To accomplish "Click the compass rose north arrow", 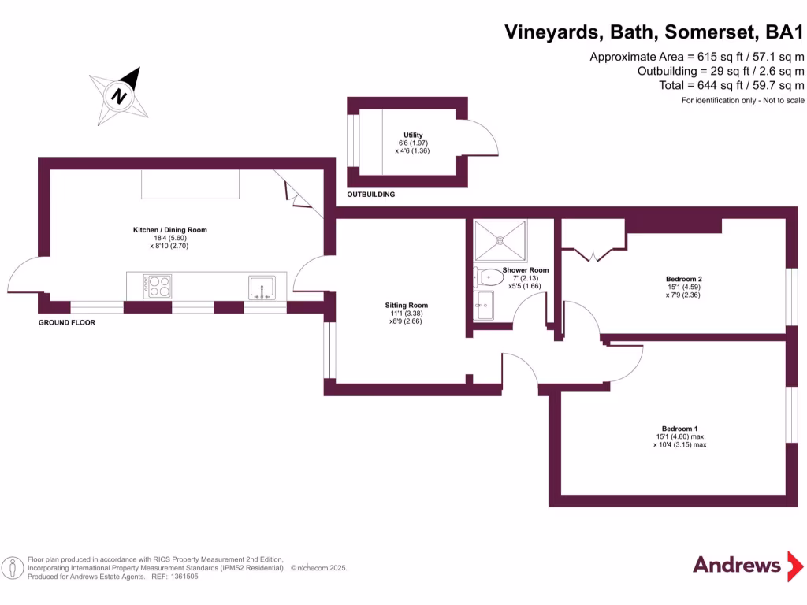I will [x=120, y=96].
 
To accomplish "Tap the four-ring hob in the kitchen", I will [x=157, y=285].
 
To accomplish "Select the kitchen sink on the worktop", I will [x=262, y=287].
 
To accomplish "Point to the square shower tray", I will [x=500, y=240].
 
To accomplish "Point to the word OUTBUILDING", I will [x=371, y=194].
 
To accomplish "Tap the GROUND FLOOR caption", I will [x=67, y=322].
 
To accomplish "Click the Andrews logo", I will [x=736, y=565].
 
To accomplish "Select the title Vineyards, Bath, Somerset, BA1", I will [x=654, y=32].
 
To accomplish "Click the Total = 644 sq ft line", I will [x=731, y=85].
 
